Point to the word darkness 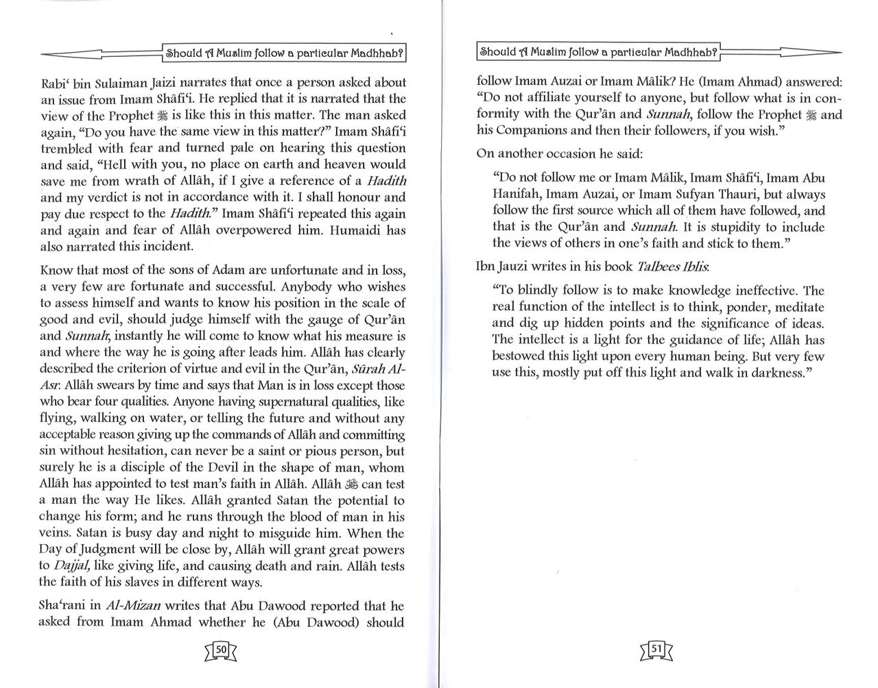(778, 372)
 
